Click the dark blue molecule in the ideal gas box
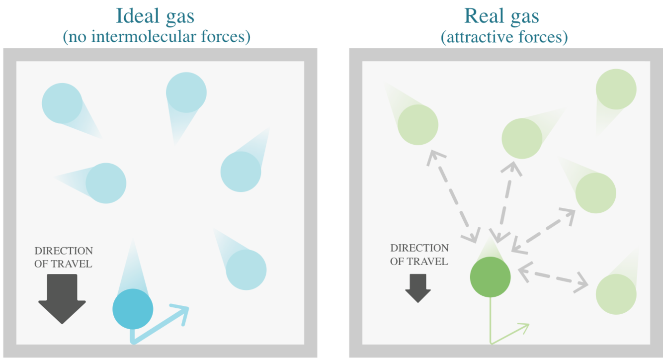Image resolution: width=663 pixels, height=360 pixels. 133,309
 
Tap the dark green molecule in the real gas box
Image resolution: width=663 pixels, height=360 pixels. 490,277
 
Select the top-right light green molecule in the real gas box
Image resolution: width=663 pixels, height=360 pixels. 616,89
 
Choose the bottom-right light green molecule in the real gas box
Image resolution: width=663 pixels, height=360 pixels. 616,294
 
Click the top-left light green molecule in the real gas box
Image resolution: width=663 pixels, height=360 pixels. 418,124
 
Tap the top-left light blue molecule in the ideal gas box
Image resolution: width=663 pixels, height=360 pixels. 62,103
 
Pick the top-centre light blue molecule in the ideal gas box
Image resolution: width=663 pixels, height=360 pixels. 186,92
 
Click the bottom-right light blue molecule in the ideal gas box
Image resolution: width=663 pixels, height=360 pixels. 246,270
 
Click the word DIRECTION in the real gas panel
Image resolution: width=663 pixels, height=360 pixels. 419,248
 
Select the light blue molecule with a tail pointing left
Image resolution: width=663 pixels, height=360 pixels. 106,183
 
